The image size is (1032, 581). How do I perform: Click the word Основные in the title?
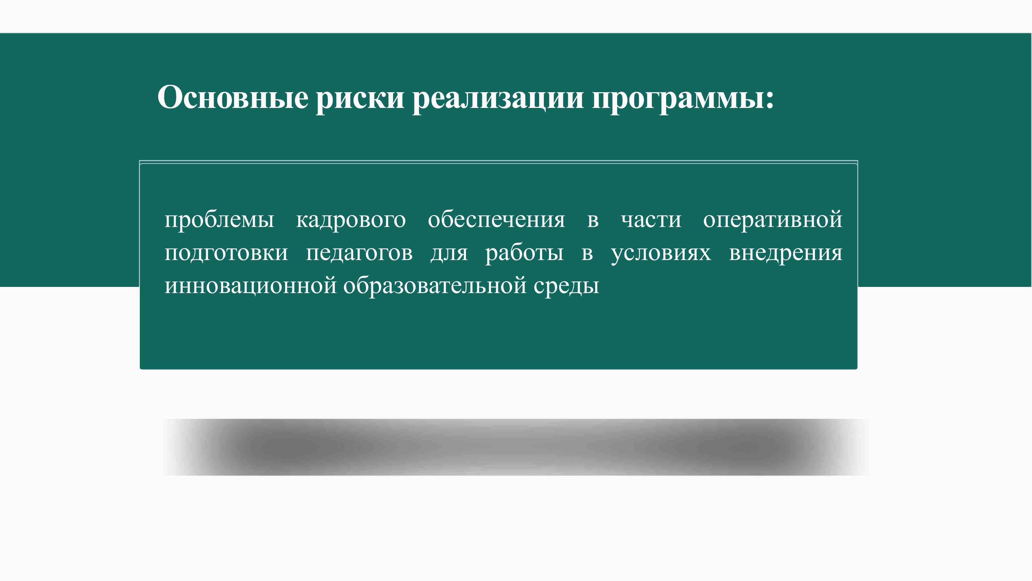233,97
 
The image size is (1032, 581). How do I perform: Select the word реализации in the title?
498,100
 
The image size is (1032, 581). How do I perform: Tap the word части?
651,220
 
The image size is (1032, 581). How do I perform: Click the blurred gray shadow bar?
516,447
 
